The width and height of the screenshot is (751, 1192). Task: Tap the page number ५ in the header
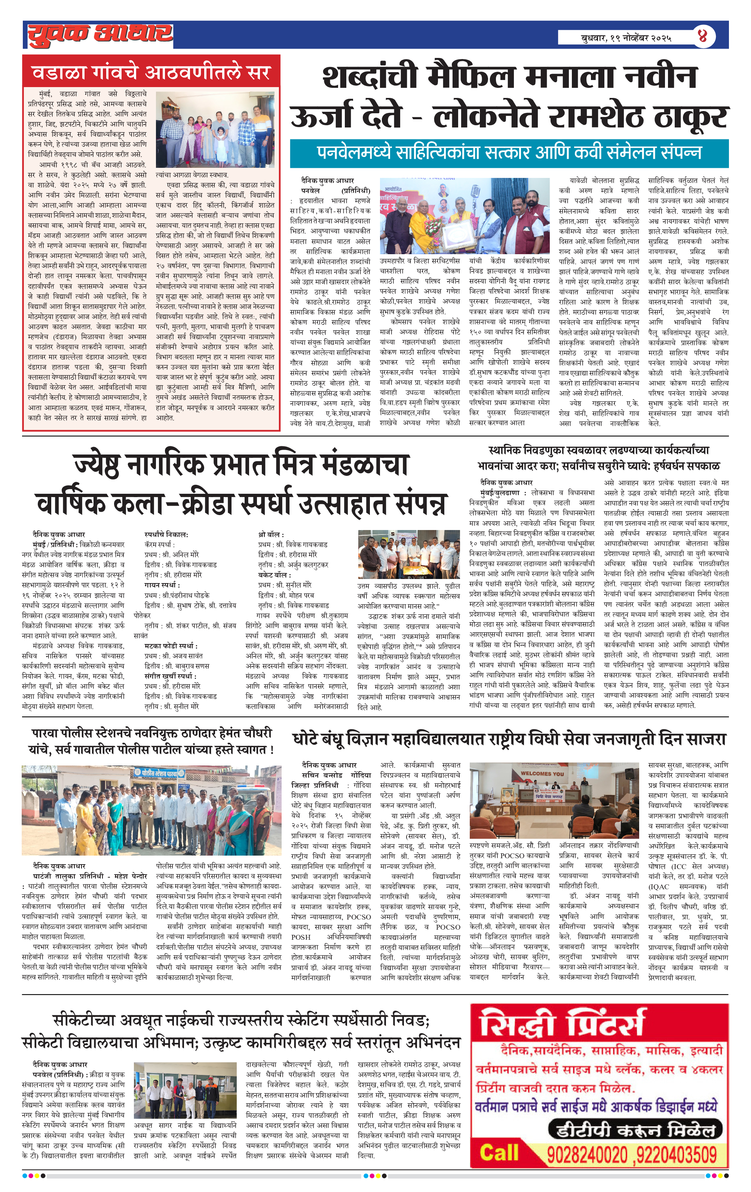tap(702, 36)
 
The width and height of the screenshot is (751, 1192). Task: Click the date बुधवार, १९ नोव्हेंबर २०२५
tap(626, 38)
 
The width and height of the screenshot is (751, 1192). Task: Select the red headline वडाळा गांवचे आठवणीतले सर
tap(151, 73)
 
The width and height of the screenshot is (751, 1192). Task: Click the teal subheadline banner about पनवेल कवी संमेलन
tap(509, 153)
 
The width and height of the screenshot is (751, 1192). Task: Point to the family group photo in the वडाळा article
tap(215, 130)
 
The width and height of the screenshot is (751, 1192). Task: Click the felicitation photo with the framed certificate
tap(464, 216)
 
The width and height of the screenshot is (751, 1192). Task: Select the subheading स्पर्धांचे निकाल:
tap(166, 534)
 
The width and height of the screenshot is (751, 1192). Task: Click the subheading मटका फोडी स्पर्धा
tap(171, 646)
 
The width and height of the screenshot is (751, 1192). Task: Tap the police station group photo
tap(151, 810)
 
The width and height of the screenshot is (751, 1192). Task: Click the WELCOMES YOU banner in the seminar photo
tap(542, 773)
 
